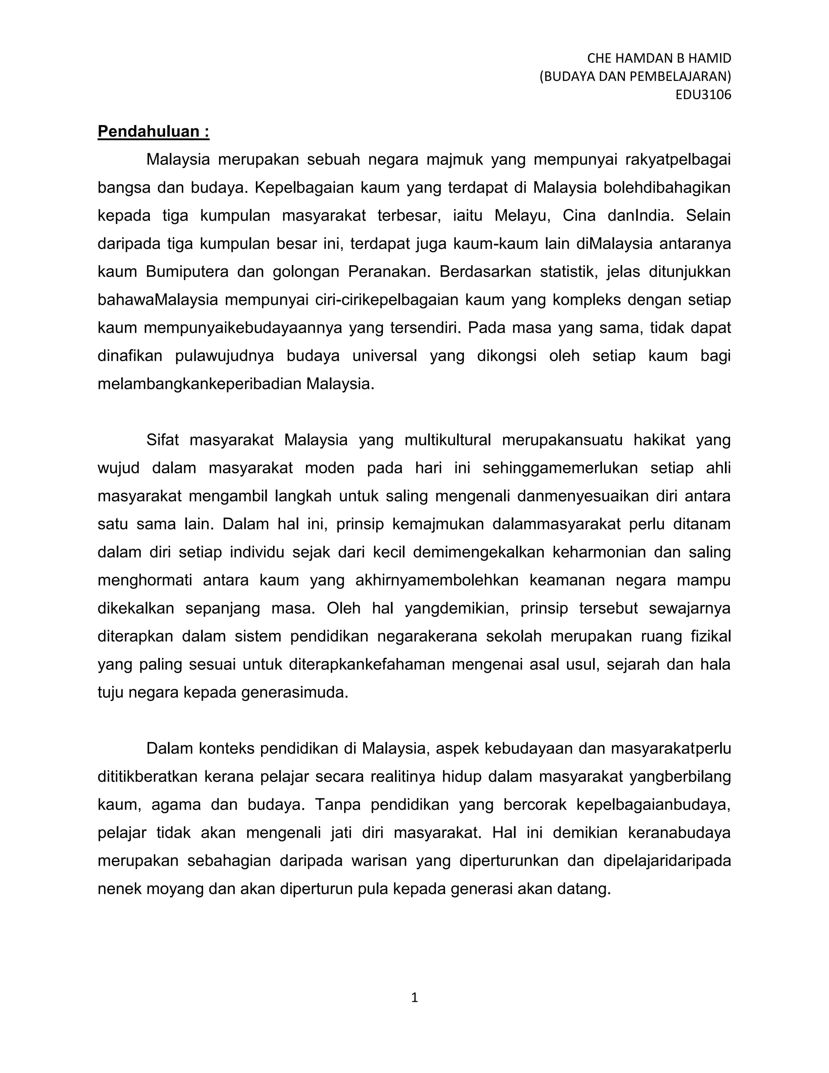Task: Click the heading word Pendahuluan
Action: pos(148,132)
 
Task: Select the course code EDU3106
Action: pos(703,95)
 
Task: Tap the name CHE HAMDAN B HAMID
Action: pos(659,58)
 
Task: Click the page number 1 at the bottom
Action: pos(414,998)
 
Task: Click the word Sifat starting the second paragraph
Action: pos(163,440)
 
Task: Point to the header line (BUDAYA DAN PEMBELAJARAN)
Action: pos(635,77)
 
